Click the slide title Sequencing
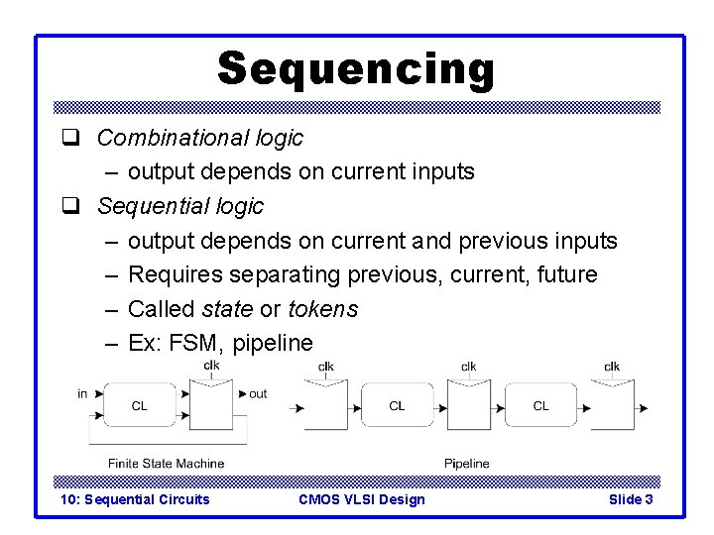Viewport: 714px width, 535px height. tap(355, 69)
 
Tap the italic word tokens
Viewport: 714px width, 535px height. tap(322, 309)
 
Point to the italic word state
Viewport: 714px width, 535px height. tap(226, 309)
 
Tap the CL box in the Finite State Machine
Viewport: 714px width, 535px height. tap(139, 405)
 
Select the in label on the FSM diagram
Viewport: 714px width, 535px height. tap(82, 393)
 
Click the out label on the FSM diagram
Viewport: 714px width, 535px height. tap(258, 393)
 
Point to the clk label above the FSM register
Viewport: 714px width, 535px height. tap(211, 366)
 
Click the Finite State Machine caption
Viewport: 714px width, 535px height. tap(166, 463)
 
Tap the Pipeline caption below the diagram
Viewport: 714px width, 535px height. tap(466, 463)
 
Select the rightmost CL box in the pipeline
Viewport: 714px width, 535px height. tap(540, 405)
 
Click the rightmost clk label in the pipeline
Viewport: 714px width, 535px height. tap(612, 367)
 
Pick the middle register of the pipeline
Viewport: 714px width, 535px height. tap(469, 406)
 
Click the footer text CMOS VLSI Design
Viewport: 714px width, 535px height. tap(361, 499)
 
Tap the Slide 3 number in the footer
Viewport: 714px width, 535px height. tap(630, 499)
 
